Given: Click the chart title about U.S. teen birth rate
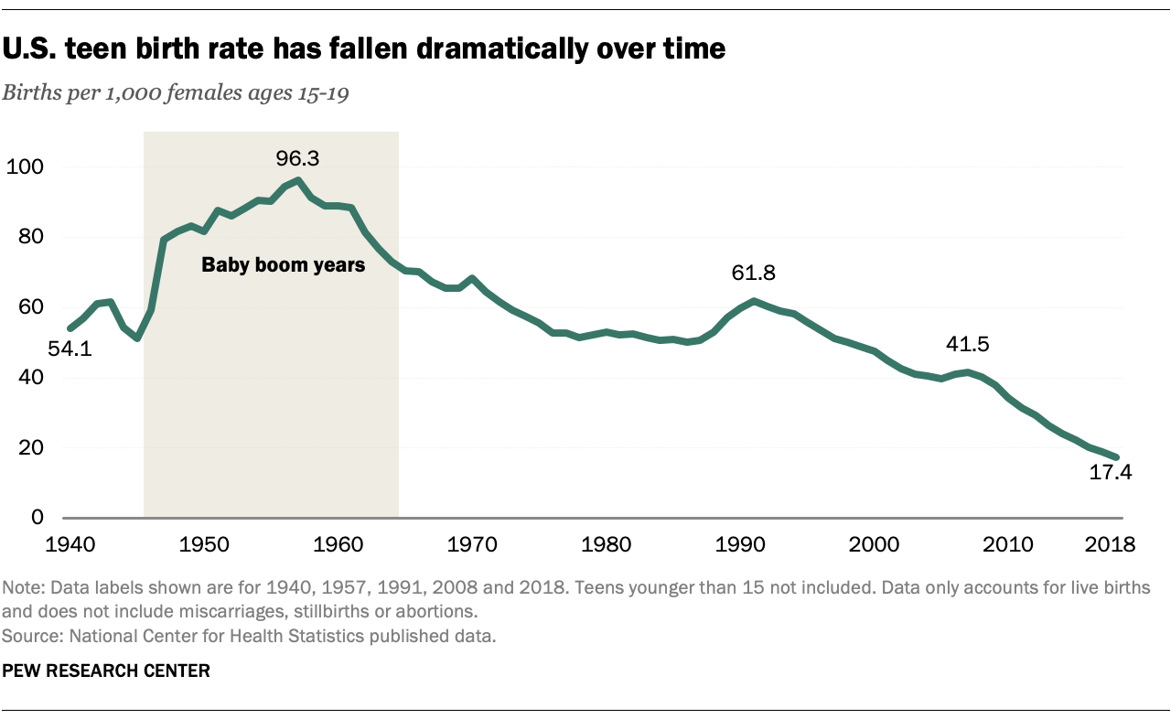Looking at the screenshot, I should pyautogui.click(x=365, y=49).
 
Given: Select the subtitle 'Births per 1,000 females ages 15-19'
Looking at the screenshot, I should pyautogui.click(x=177, y=94).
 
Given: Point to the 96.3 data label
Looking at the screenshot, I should pyautogui.click(x=297, y=158).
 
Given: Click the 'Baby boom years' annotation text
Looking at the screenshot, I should pyautogui.click(x=284, y=266).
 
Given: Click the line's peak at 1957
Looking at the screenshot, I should pyautogui.click(x=298, y=180).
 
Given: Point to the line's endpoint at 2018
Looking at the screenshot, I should pyautogui.click(x=1115, y=456).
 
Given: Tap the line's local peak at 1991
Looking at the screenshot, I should pyautogui.click(x=753, y=300).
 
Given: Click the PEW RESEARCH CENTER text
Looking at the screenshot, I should pyautogui.click(x=106, y=671).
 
